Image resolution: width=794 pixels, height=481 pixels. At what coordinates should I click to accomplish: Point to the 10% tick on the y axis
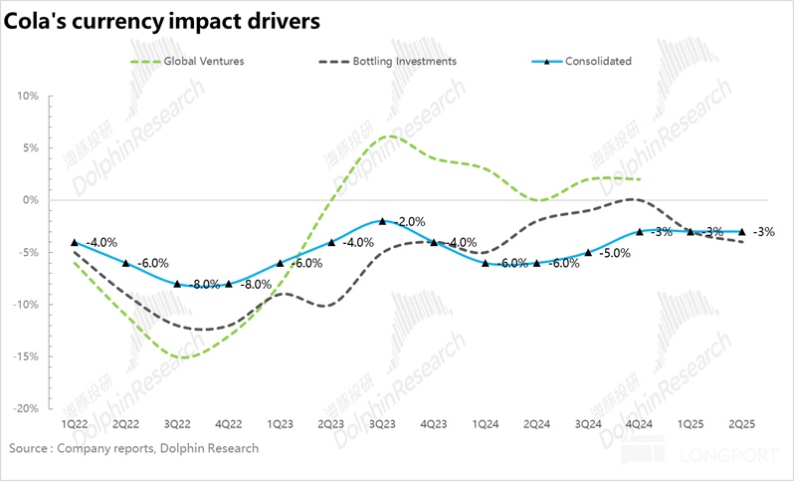pyautogui.click(x=26, y=97)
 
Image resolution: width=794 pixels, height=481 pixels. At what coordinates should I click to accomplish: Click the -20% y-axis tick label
pyautogui.click(x=24, y=408)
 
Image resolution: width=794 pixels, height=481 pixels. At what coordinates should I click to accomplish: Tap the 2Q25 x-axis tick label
pyautogui.click(x=742, y=424)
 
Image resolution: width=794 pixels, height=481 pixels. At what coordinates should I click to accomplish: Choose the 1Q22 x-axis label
pyautogui.click(x=74, y=424)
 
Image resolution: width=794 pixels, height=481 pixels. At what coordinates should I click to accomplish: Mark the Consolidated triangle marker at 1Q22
pyautogui.click(x=74, y=242)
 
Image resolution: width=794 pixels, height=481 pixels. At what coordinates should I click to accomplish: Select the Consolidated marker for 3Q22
pyautogui.click(x=177, y=284)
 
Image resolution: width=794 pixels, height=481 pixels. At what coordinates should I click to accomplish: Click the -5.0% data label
pyautogui.click(x=614, y=253)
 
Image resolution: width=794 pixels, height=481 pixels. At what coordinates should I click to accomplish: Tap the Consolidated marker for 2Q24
pyautogui.click(x=536, y=263)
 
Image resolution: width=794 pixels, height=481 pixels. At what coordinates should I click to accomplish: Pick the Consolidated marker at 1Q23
pyautogui.click(x=280, y=263)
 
